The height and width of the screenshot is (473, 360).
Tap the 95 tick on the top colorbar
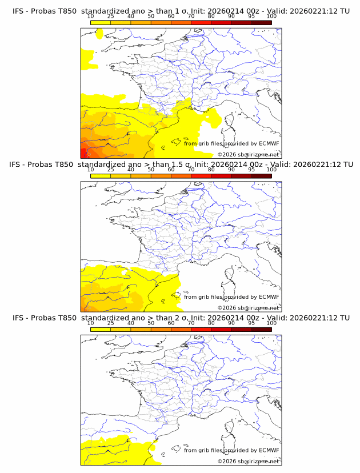(x=251, y=17)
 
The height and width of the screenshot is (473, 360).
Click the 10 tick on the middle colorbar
(x=90, y=170)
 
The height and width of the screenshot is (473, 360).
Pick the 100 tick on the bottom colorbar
(x=271, y=323)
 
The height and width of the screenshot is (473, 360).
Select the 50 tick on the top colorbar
(x=151, y=17)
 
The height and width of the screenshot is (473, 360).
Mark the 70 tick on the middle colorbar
(x=191, y=170)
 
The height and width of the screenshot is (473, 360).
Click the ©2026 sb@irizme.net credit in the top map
(x=248, y=154)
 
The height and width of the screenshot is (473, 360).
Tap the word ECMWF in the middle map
(x=269, y=296)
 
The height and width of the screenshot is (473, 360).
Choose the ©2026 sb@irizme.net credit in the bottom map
(x=248, y=461)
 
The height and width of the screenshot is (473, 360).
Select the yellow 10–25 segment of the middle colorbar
(x=101, y=176)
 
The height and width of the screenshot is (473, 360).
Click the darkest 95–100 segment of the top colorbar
(x=261, y=23)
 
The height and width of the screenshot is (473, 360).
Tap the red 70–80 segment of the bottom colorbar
(x=201, y=329)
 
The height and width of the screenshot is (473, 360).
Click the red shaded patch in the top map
(x=84, y=153)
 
